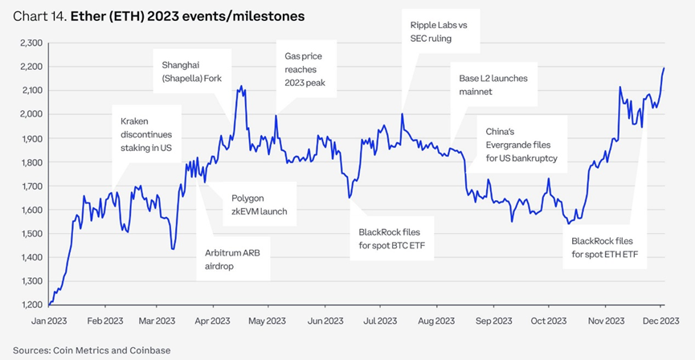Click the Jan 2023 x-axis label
pyautogui.click(x=49, y=321)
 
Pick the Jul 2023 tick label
pyautogui.click(x=381, y=321)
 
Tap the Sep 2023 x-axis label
pyautogui.click(x=493, y=321)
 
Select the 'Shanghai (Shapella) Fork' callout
pyautogui.click(x=191, y=72)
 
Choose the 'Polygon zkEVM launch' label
pyautogui.click(x=260, y=204)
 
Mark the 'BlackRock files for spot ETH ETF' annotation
pyautogui.click(x=602, y=247)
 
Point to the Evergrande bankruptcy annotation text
pyautogui.click(x=521, y=145)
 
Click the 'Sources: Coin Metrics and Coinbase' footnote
pyautogui.click(x=92, y=350)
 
